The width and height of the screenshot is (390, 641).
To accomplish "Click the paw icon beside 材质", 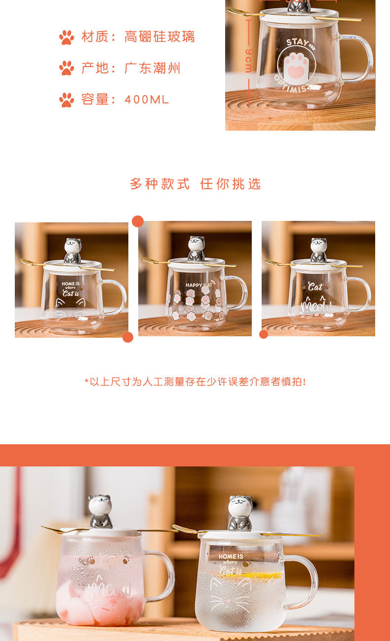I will pos(67,37).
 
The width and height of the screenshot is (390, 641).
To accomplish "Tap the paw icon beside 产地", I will pos(67,68).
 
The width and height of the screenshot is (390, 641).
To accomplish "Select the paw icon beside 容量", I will pos(67,100).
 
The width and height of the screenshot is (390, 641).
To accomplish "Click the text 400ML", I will pos(147,100).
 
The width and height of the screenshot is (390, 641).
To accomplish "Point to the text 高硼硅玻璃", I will pos(160,37).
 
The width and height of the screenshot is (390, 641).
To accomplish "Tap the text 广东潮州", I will pos(153,68).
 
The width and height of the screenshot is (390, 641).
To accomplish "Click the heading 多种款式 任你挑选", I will pos(195,184).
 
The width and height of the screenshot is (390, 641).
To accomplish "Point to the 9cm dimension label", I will pos(248,60).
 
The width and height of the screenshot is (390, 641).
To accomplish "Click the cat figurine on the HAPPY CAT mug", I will pos(196,248).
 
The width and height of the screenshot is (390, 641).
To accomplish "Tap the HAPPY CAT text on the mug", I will pos(198,285).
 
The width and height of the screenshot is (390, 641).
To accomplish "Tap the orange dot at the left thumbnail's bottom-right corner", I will pos(128,337).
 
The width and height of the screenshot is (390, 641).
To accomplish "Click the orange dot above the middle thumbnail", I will pos(138,221).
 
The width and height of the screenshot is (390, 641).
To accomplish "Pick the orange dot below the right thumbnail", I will pos(264,334).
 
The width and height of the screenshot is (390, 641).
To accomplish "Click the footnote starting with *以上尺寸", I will pos(195,382).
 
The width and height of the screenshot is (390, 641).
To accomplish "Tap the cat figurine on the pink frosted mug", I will pos(100,512).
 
